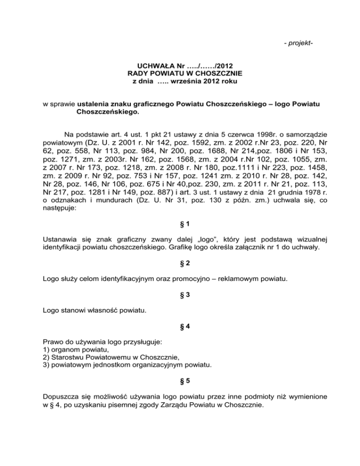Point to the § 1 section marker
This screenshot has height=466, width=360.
(x=180, y=225)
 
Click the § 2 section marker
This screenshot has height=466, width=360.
(x=180, y=264)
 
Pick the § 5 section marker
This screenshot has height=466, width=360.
(x=180, y=381)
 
